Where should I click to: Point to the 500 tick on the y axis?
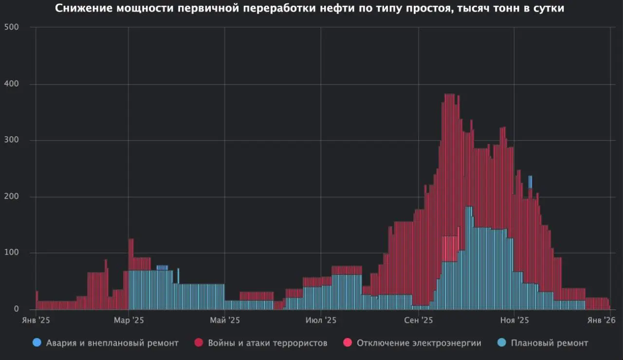(12, 27)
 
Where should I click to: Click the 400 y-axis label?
(12, 84)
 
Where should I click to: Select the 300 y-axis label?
(12, 141)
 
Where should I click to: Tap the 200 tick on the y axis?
(12, 197)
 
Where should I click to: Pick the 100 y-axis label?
(12, 253)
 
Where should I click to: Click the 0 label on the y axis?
(16, 309)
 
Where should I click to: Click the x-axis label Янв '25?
(36, 320)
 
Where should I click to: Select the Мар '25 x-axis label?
(128, 320)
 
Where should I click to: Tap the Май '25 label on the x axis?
(224, 320)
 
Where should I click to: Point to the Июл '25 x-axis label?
(321, 320)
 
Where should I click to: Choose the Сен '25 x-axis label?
(418, 320)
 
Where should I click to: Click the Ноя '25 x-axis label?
(514, 320)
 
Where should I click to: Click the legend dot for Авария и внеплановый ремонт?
(37, 343)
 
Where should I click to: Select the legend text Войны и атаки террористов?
(267, 343)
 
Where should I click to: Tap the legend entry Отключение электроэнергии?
(419, 343)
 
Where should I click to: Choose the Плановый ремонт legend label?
(550, 343)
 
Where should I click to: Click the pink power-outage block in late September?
(450, 249)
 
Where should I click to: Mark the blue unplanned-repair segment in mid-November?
(530, 181)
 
